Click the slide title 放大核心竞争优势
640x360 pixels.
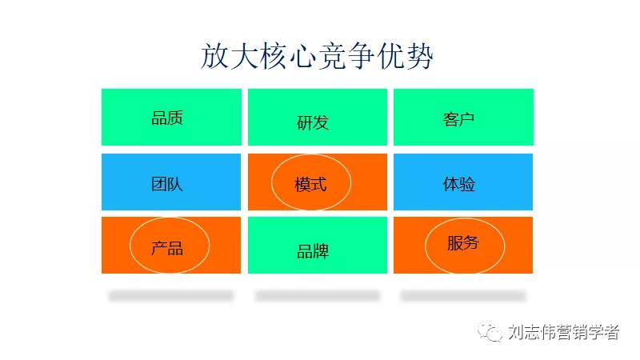coord(317,57)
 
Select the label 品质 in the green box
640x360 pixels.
coord(167,118)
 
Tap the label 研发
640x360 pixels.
coord(313,122)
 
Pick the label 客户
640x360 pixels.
coord(459,119)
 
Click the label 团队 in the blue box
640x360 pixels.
coord(167,184)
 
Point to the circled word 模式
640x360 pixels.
coord(311,184)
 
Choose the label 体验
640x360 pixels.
coord(459,184)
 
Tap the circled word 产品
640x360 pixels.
coord(167,248)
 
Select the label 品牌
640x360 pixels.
coord(313,251)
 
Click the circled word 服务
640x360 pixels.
coord(463,243)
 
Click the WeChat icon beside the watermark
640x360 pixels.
coord(492,331)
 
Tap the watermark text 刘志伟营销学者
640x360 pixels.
coord(563,332)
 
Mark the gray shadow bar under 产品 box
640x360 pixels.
coord(171,296)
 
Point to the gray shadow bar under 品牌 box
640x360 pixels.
coord(317,296)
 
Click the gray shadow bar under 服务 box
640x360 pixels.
coord(463,296)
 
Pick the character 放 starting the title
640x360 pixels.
coord(215,57)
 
